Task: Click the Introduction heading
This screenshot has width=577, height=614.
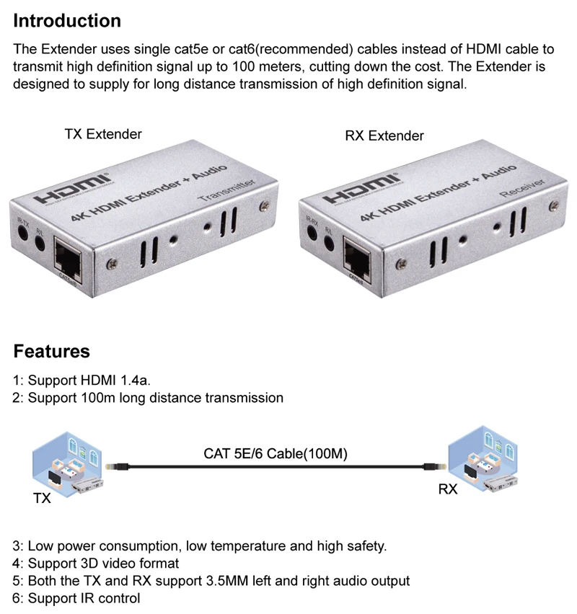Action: point(67,21)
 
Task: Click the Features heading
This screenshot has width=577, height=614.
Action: point(52,352)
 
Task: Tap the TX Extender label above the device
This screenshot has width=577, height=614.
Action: point(103,134)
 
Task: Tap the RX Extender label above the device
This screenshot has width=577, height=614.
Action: point(384,135)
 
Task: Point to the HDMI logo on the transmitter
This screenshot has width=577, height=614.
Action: point(72,189)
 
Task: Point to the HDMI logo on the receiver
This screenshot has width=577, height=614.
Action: point(358,189)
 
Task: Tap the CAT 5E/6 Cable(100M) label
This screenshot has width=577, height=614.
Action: point(276,454)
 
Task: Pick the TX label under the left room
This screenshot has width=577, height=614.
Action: point(42,498)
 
